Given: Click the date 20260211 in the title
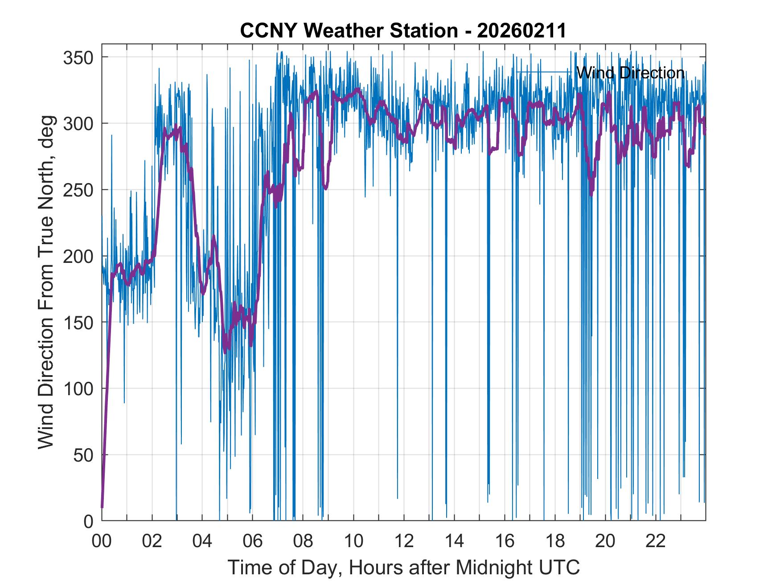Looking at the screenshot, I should pos(521,31).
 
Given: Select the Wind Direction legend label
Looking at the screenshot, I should pos(630,73).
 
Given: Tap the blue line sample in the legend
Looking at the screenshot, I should pos(544,72).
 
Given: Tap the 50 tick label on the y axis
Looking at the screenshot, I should pos(83,455).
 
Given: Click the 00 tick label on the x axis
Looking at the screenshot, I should pos(102,541).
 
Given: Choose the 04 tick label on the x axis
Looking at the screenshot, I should pos(202,541).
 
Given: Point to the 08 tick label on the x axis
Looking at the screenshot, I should pos(303,541).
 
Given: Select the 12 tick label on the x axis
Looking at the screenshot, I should pos(404,541).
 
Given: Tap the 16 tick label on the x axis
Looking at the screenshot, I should pos(505,541).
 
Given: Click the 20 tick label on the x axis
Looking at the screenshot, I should pos(605,541).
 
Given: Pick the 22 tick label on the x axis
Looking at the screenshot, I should pos(656,541).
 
